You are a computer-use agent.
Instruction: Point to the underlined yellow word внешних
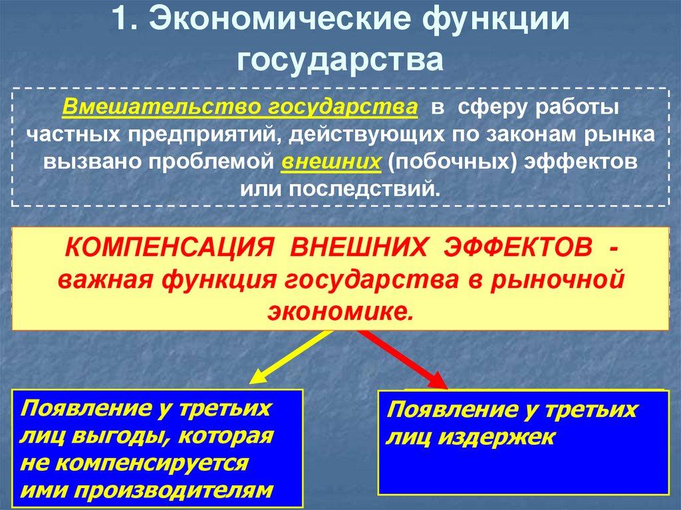331,164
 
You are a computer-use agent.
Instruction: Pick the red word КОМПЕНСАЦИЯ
168,249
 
